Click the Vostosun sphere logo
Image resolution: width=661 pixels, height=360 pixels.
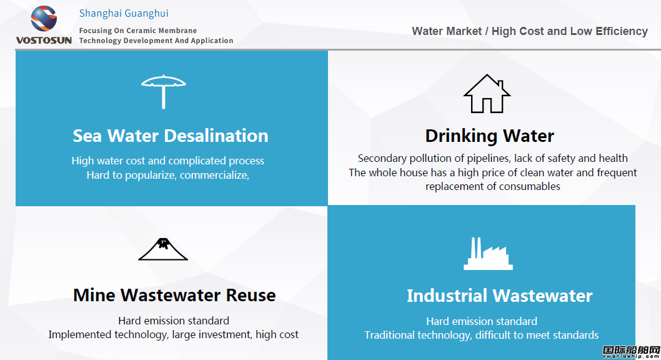[x=44, y=19]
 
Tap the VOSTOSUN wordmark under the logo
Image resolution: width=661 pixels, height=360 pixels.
[x=44, y=41]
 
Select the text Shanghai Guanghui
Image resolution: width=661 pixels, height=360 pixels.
[x=124, y=14]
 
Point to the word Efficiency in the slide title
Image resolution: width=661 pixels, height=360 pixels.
[x=622, y=32]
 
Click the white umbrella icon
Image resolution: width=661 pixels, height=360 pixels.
[x=164, y=91]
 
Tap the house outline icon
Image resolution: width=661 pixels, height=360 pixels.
[x=487, y=94]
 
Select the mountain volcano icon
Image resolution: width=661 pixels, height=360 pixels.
[x=163, y=249]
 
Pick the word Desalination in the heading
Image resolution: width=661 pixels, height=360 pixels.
[x=216, y=136]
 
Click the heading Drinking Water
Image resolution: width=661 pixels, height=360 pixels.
[x=489, y=136]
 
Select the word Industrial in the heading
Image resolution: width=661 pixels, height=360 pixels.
[x=447, y=296]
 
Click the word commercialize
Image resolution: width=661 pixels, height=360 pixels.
[x=214, y=176]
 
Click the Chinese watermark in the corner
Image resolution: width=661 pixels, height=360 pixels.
[x=631, y=352]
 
